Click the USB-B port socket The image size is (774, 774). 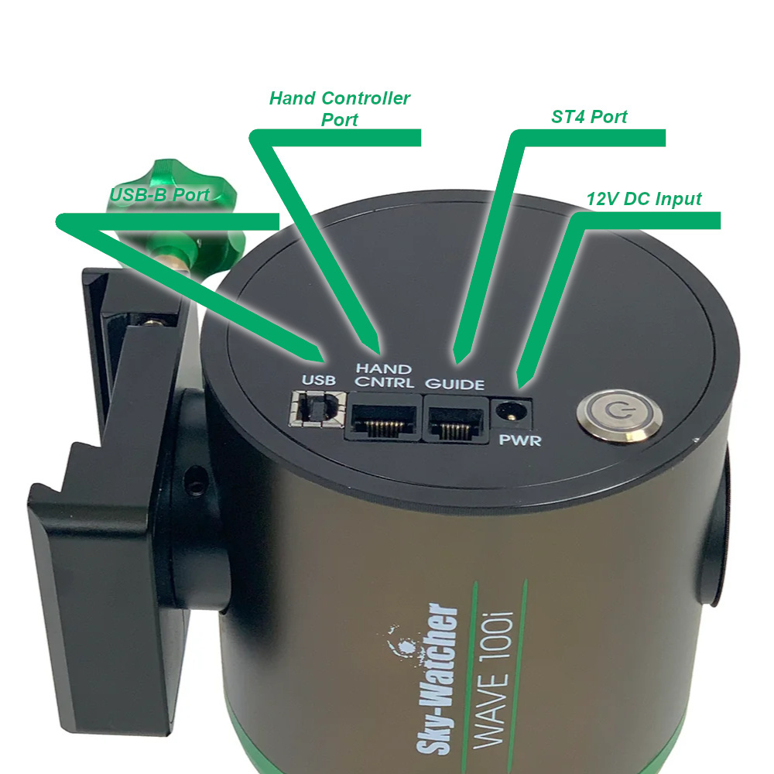pos(317,408)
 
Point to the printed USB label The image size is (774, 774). pos(317,380)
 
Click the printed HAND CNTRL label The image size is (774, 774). pos(382,376)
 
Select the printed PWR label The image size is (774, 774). pos(520,442)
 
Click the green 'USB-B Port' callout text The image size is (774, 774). pos(159,195)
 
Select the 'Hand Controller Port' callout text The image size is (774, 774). pos(340,109)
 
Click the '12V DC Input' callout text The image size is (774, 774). pos(643,199)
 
